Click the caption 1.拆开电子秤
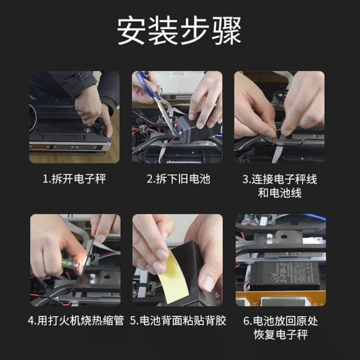(74, 179)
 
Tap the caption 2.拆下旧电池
(178, 179)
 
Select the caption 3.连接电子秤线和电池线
(279, 186)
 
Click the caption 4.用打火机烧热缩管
(75, 321)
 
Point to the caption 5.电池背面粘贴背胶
(178, 321)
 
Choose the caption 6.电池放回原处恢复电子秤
(279, 328)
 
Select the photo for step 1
(74, 117)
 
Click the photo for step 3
(279, 117)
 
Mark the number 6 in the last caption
(246, 321)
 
